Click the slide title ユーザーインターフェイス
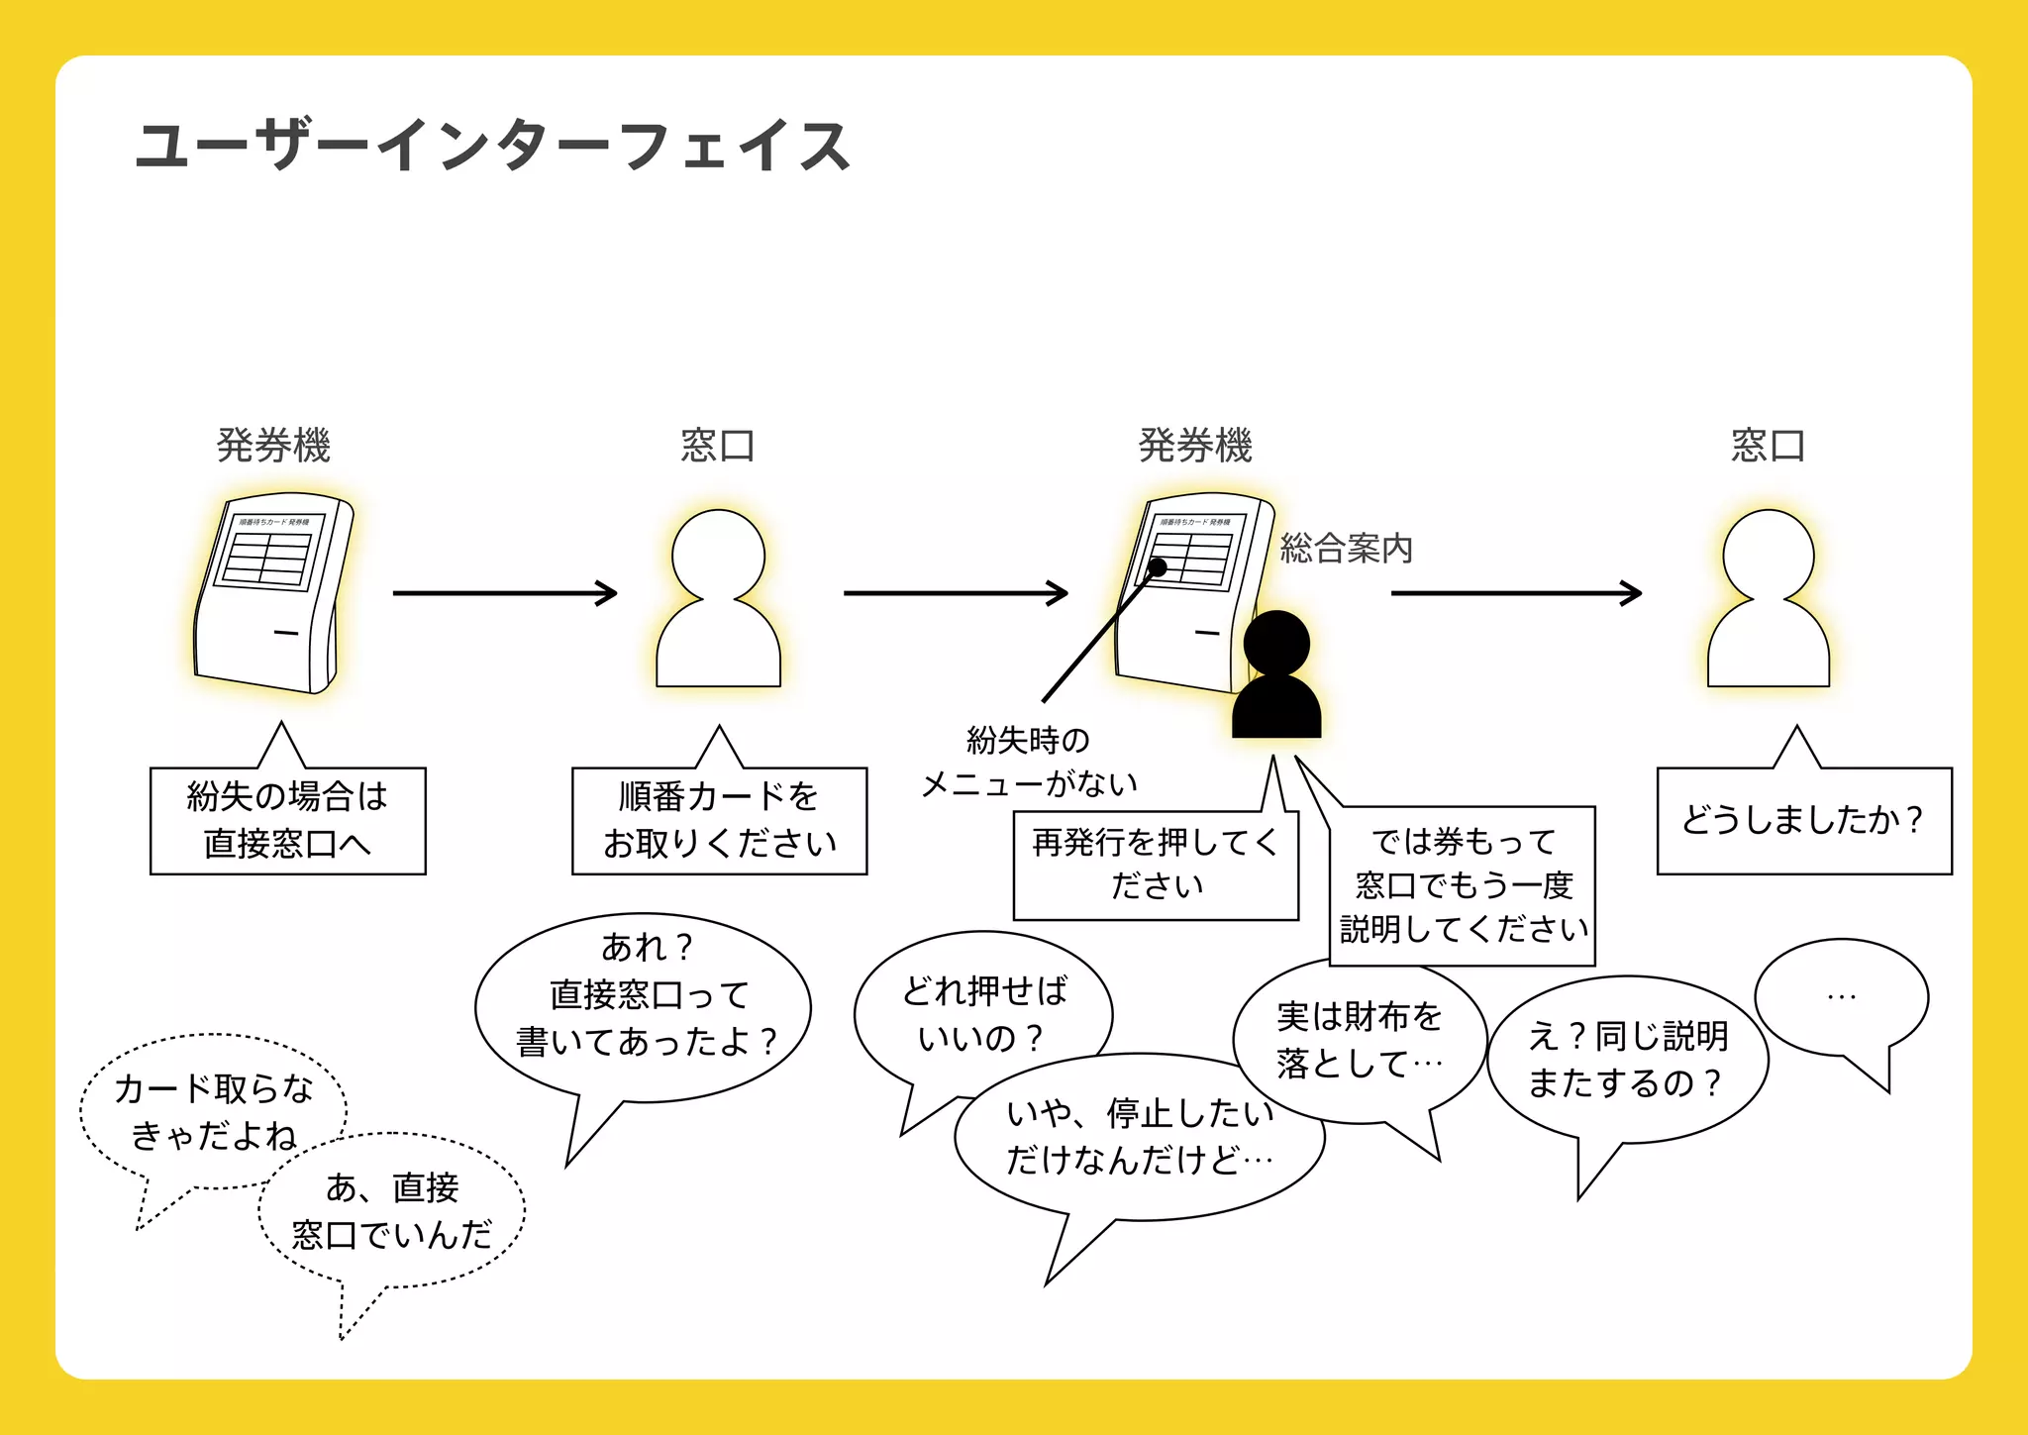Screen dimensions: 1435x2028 click(x=492, y=147)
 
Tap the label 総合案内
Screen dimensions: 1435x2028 click(x=1346, y=548)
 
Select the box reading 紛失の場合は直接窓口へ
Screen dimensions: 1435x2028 click(x=287, y=820)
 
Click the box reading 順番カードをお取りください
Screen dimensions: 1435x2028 click(x=719, y=820)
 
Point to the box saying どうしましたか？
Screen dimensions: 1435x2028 click(x=1803, y=820)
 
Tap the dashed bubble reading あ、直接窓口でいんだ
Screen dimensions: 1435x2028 click(x=392, y=1210)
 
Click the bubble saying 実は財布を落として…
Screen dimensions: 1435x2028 click(x=1359, y=1040)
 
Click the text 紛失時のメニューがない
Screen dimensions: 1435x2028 click(x=1028, y=762)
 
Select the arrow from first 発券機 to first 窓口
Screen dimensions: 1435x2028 click(x=504, y=593)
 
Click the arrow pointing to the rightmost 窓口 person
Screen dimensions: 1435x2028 click(x=1515, y=593)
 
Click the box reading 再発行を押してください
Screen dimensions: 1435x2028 click(x=1156, y=864)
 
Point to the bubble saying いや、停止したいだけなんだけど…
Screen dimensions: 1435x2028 click(x=1139, y=1137)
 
